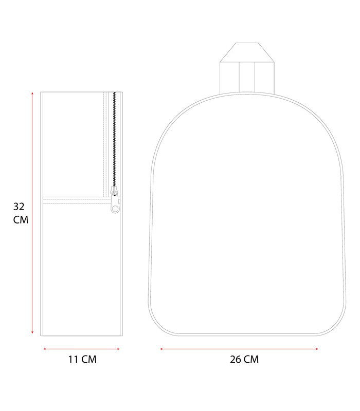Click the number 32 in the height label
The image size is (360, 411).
19,207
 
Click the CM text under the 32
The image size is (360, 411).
21,220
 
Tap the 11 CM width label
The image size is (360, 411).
82,359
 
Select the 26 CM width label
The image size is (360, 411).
244,359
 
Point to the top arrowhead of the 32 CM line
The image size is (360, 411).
32,94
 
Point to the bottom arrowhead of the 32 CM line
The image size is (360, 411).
32,332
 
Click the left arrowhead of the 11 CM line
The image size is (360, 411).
45,349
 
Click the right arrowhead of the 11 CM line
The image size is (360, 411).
118,349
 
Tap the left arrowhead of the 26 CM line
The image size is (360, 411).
161,349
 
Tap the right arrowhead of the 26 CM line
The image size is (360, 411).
317,349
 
